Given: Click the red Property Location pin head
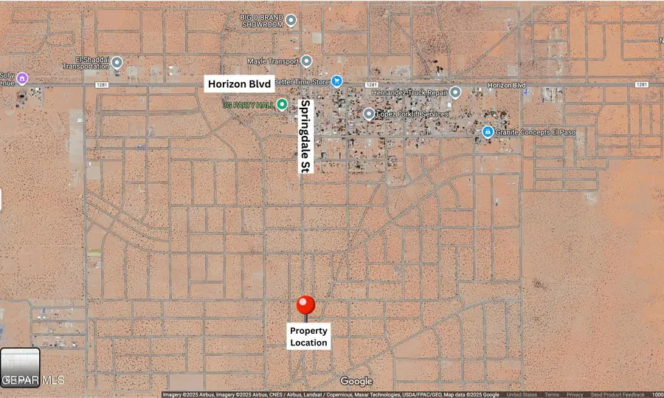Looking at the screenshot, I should tap(306, 305).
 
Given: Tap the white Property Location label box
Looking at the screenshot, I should tap(308, 337).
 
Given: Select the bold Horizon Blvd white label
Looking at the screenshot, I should tap(239, 84).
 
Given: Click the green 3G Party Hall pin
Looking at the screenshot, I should tap(282, 104).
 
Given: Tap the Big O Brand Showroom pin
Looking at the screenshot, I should tap(291, 21).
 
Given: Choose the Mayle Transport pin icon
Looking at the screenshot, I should tap(306, 61).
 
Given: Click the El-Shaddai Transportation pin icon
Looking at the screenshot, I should tap(117, 63).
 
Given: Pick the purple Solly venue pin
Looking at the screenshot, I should tap(22, 78).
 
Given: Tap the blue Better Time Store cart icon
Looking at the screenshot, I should tap(336, 81).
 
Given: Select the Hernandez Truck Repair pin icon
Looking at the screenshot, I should tap(455, 93).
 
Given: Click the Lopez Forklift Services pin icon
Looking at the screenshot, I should tap(369, 114).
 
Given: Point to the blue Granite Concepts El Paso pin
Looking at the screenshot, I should tap(488, 132).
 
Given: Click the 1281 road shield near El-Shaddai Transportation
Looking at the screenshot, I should tap(100, 85).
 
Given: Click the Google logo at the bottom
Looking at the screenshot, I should tap(356, 381).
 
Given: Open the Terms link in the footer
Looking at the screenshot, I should tap(552, 394).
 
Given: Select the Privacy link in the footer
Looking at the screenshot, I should tap(575, 394).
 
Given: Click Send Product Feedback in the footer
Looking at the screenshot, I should tap(617, 394).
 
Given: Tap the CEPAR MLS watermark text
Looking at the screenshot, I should tap(32, 380).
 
